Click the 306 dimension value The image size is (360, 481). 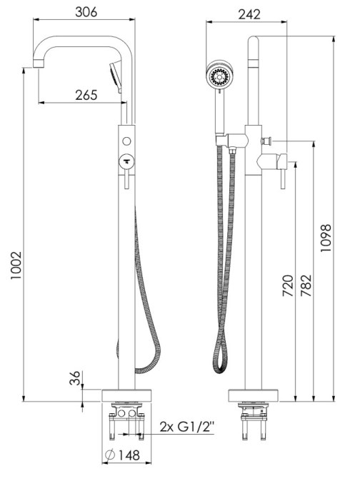(x=86, y=12)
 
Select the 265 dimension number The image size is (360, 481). (x=86, y=95)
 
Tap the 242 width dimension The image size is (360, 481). (x=249, y=14)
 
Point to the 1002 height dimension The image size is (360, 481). (x=16, y=265)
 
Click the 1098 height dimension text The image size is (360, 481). (x=326, y=238)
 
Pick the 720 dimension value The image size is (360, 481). (x=288, y=285)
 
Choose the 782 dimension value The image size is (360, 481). (x=306, y=285)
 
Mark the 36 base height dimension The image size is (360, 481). (x=74, y=378)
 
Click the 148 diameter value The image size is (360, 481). (x=129, y=455)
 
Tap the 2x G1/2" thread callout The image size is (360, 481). (x=187, y=427)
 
